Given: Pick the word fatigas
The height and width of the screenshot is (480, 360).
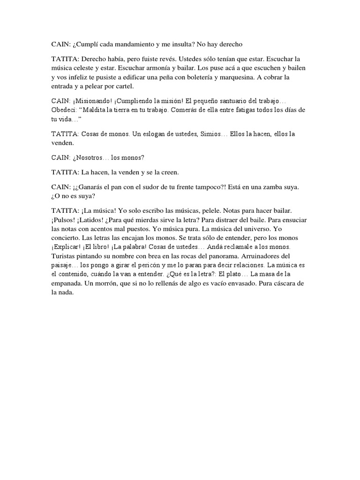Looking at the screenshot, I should tap(230, 110).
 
